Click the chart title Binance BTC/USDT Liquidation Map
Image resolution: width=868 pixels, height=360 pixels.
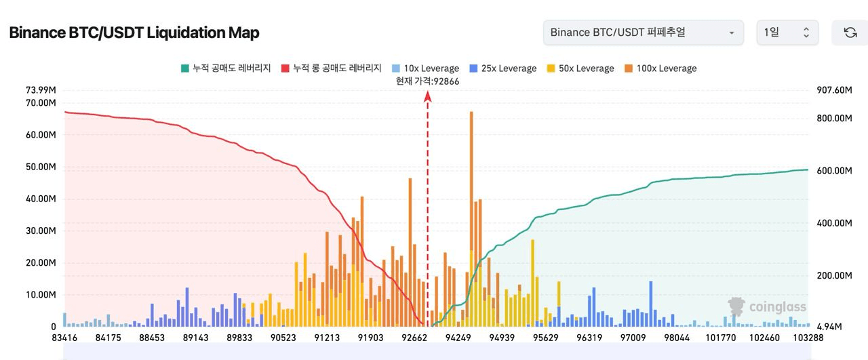134,33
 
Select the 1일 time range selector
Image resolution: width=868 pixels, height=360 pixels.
787,33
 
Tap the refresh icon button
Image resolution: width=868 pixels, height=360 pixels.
850,33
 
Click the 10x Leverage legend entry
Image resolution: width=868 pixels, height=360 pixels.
425,68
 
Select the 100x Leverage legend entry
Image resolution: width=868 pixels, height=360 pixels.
660,68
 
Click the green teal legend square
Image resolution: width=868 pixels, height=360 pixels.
185,68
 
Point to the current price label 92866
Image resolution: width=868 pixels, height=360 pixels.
427,81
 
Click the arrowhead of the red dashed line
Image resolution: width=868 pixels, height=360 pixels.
428,96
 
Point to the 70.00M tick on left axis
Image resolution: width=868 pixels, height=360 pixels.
41,103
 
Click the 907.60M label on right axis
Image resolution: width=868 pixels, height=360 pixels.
833,90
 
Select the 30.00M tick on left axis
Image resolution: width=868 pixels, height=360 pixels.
41,231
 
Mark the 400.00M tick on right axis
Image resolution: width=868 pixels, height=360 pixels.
833,223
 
